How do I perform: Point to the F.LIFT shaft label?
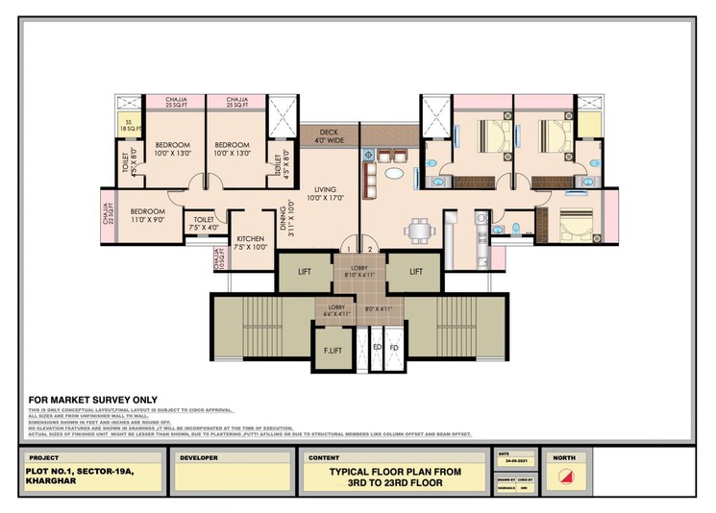[x=331, y=350]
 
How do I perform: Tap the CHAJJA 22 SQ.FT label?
[x=109, y=208]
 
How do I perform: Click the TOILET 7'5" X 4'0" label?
[x=204, y=223]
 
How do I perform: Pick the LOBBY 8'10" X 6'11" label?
[x=359, y=270]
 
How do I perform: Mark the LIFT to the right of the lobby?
[x=416, y=272]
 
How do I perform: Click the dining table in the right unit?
[x=418, y=229]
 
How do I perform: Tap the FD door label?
[x=394, y=347]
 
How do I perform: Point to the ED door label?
[x=378, y=347]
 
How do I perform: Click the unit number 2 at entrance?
[x=368, y=250]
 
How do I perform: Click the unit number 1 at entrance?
[x=351, y=250]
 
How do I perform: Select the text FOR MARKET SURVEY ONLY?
[x=93, y=400]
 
